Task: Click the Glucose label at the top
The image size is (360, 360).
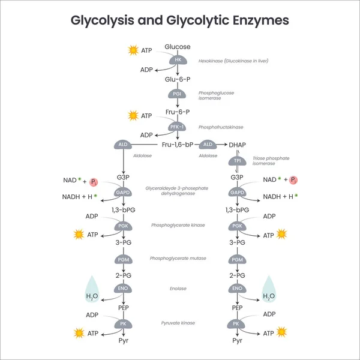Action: click(178, 47)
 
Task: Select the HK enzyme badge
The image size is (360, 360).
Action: click(178, 60)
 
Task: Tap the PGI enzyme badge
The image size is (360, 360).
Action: click(178, 94)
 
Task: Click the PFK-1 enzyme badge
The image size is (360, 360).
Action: click(178, 127)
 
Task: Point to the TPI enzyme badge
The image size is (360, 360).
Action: click(238, 161)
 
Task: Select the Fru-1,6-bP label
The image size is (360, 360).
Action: click(178, 145)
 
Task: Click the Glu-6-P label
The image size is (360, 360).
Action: click(178, 79)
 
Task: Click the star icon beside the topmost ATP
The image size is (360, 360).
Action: click(133, 51)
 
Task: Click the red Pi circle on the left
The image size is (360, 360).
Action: click(95, 181)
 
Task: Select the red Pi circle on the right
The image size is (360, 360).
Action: click(293, 180)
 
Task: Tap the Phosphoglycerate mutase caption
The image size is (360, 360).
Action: click(178, 258)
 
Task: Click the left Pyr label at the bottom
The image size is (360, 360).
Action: click(123, 341)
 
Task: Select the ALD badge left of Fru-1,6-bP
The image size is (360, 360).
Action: click(123, 145)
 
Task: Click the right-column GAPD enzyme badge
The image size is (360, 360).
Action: click(238, 193)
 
